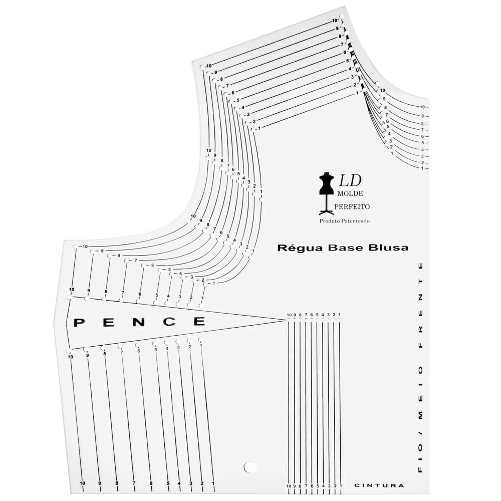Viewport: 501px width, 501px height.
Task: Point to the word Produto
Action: [330, 221]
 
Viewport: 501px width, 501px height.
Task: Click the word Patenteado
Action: [356, 221]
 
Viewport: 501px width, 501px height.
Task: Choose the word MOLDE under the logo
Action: [350, 193]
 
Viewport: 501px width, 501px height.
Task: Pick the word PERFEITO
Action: [352, 207]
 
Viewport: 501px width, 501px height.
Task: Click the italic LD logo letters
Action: [350, 180]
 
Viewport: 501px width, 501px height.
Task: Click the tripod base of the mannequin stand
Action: [326, 212]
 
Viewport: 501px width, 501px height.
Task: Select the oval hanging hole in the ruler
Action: [250, 467]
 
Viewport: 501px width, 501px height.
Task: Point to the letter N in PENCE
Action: [138, 322]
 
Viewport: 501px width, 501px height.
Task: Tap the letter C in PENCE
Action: [169, 322]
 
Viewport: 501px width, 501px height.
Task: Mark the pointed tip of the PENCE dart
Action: [285, 320]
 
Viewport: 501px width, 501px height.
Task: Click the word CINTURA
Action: [379, 485]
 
